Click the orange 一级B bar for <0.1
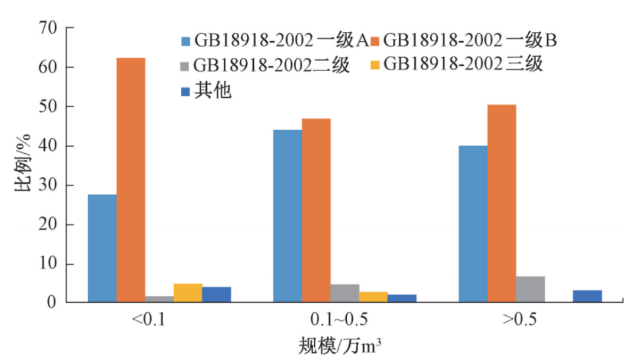coord(131,180)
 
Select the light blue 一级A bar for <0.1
coord(102,248)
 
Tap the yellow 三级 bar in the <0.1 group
coord(188,293)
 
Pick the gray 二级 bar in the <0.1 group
coord(159,299)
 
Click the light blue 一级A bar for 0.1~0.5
coord(287,216)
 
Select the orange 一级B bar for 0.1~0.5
coord(316,210)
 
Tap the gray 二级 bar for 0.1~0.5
coord(345,293)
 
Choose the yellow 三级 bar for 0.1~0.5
coord(373,297)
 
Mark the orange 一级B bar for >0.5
coord(502,203)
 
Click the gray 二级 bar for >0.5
coord(531,289)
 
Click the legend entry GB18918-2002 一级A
coord(274,41)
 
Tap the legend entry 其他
coord(206,90)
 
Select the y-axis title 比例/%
coord(21,165)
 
